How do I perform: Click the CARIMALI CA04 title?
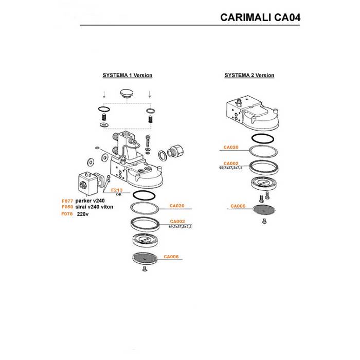(x=260, y=17)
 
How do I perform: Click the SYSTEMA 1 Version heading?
(x=128, y=75)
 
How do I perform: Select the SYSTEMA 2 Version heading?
(x=249, y=75)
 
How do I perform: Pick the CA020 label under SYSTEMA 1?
(x=177, y=206)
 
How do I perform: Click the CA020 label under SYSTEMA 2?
(x=231, y=147)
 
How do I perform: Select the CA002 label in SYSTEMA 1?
(x=177, y=222)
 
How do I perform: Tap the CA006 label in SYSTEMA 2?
(x=238, y=206)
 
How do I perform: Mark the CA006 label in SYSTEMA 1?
(x=171, y=257)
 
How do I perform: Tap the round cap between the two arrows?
(x=127, y=96)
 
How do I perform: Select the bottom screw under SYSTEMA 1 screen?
(x=144, y=269)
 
